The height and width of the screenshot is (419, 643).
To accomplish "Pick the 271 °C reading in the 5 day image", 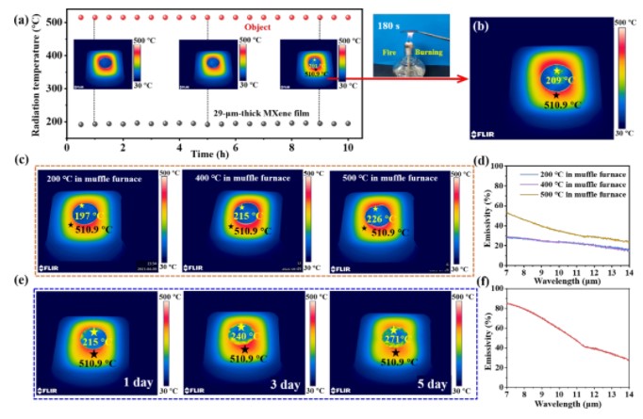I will click(x=392, y=337).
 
